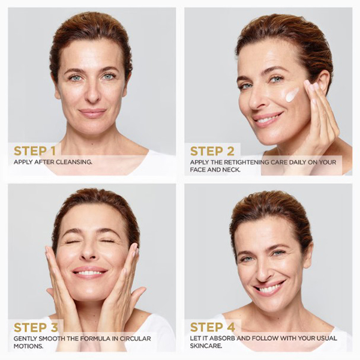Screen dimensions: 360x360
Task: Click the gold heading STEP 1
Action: click(35, 151)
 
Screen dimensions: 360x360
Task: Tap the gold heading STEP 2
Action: click(212, 151)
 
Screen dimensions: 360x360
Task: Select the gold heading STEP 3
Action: click(36, 328)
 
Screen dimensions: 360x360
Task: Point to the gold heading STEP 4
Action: click(212, 327)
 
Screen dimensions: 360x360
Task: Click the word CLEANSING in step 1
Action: click(74, 162)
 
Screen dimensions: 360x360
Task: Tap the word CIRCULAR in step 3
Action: click(135, 338)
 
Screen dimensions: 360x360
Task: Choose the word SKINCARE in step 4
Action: click(206, 346)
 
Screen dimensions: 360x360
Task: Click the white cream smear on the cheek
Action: click(291, 94)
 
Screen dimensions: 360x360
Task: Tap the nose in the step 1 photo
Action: click(92, 93)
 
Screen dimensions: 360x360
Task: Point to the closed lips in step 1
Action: click(92, 113)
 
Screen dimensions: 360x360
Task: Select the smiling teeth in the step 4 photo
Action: click(269, 289)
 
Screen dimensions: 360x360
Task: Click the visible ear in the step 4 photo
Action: click(308, 256)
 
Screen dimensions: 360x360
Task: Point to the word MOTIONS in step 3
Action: click(28, 346)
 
